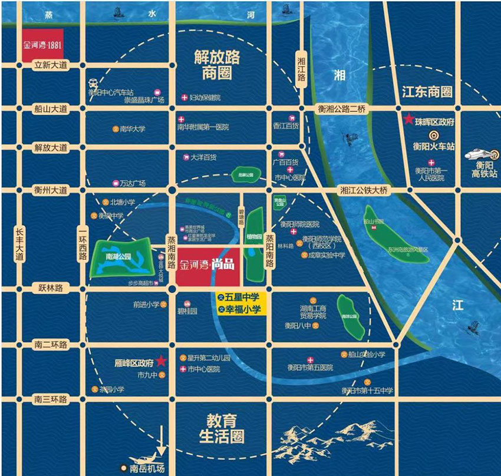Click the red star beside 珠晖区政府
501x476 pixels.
(408, 120)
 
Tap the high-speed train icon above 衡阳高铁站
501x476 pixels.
(481, 155)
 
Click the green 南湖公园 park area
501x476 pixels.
(121, 257)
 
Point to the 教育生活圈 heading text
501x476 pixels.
(221, 429)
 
